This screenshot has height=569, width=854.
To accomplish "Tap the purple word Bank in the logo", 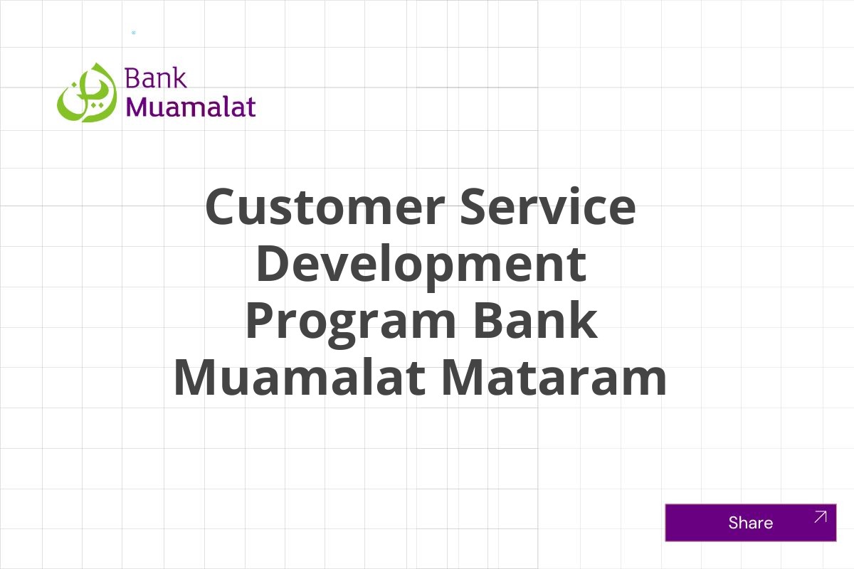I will (x=155, y=78).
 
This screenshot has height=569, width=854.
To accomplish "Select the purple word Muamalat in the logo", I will (x=190, y=107).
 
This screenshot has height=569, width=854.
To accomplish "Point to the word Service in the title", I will (x=547, y=207).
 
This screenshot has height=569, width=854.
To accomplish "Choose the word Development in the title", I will (x=421, y=265).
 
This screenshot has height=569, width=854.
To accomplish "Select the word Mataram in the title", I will (x=554, y=378).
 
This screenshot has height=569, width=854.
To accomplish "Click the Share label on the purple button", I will (x=750, y=523).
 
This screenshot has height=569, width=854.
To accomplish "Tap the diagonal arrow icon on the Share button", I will (x=821, y=517).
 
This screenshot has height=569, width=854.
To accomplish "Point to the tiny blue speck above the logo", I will (x=133, y=33).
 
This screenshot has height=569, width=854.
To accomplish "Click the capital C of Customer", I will (x=222, y=207).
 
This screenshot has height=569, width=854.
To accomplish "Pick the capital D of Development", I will (x=274, y=264).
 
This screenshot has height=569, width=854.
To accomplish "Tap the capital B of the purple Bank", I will (x=132, y=78).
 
